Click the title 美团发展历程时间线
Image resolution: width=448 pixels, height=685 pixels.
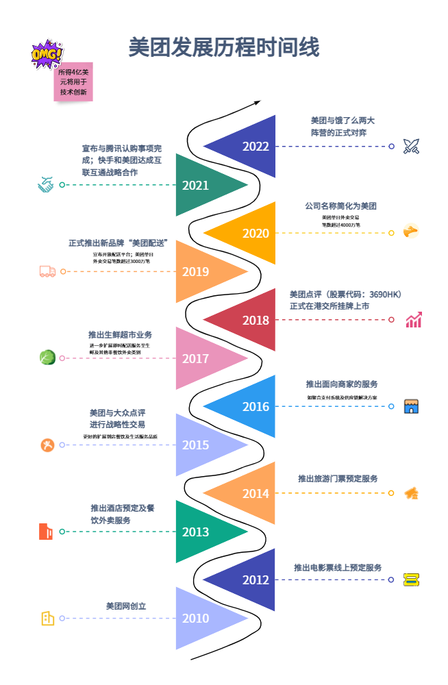pos(224,48)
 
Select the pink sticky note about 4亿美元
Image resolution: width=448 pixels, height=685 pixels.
pos(73,82)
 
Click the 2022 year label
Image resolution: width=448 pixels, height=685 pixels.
pos(256,147)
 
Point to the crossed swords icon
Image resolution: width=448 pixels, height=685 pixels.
pos(411,146)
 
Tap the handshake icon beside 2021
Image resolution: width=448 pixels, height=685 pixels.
pos(46,185)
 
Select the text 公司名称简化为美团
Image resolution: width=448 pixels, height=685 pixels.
pos(340,206)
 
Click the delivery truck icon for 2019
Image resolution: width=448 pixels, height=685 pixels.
pos(47,271)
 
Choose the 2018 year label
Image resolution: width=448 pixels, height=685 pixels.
pos(256,320)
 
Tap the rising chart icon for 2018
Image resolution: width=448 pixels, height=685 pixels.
pos(413,320)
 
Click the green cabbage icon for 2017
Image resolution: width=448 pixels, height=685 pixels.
pos(47,358)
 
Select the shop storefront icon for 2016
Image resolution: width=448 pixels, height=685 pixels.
pos(411,406)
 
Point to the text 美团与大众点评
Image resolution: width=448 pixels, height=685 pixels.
pos(117,413)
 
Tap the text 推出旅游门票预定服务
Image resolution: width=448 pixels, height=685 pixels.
pos(338,478)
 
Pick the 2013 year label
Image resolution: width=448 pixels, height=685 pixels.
pos(195,532)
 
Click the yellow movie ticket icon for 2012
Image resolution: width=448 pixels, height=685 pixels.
pos(411,580)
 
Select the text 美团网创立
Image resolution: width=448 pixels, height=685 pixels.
pos(126,606)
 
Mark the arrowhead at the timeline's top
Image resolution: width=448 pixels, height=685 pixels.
pos(258,103)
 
